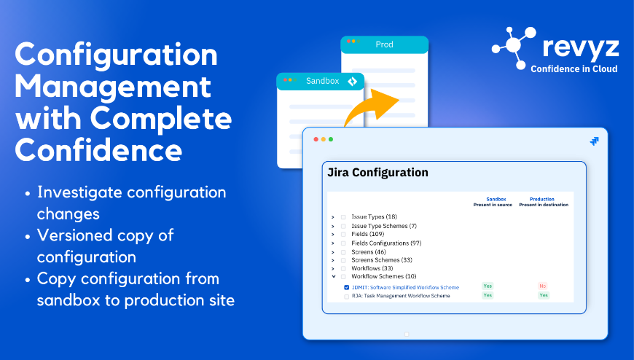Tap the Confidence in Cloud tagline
click(574, 69)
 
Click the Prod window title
click(384, 44)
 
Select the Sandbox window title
click(322, 81)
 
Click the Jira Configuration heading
click(377, 172)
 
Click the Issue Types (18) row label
click(374, 217)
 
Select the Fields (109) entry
click(367, 234)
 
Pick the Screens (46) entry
click(368, 252)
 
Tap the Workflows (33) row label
click(372, 268)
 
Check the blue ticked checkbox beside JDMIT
click(347, 288)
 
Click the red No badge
click(543, 286)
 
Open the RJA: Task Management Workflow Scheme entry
click(401, 296)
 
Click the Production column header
click(541, 199)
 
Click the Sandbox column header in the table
click(496, 199)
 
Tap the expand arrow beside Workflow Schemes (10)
click(333, 277)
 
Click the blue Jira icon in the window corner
click(594, 141)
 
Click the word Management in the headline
click(113, 87)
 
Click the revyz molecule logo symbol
click(514, 47)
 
